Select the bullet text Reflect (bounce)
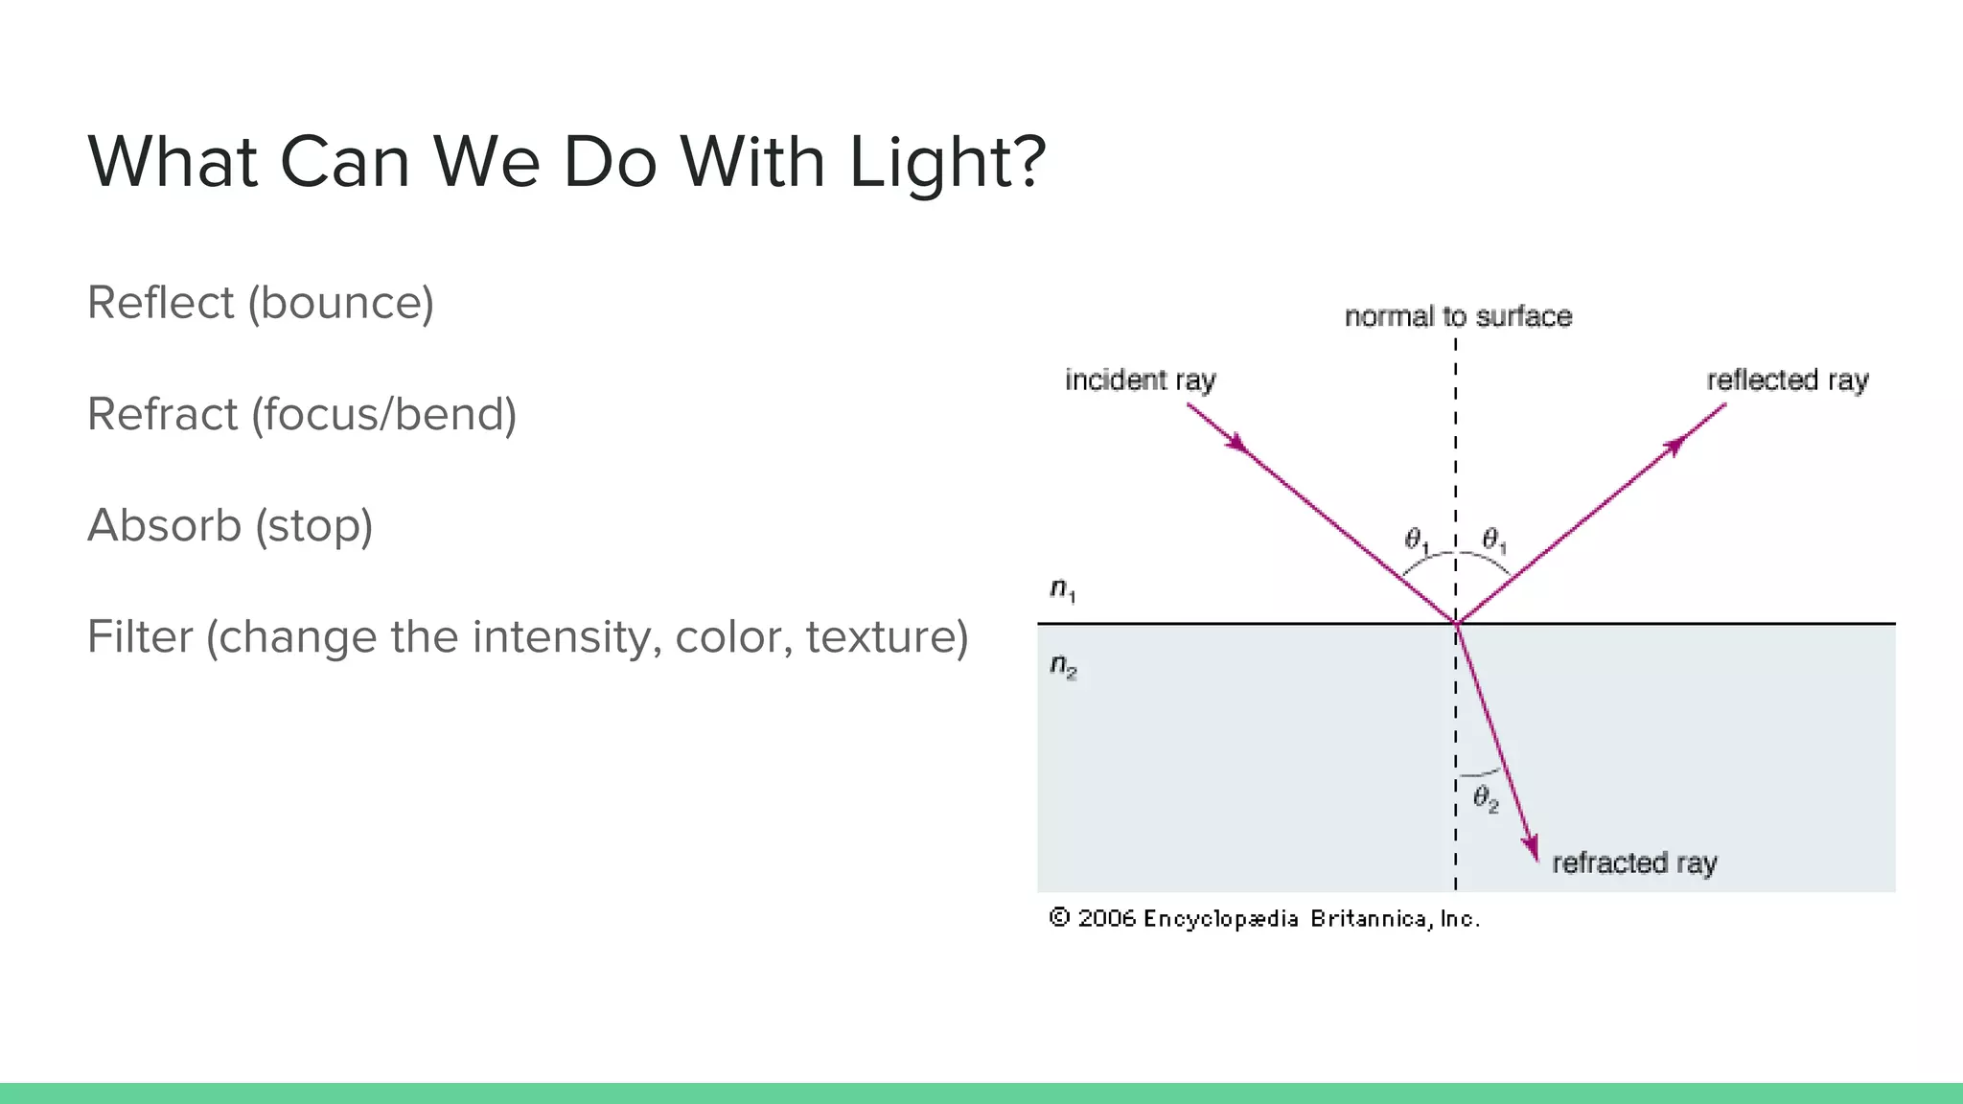(x=261, y=303)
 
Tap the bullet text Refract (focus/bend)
(x=302, y=414)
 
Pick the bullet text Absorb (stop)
(x=230, y=525)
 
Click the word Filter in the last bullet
(x=140, y=636)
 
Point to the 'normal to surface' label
(x=1458, y=316)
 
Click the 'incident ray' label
(x=1140, y=380)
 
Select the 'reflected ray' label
(x=1787, y=380)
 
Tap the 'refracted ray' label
(x=1634, y=863)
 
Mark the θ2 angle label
(x=1485, y=798)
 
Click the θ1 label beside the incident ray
(x=1416, y=541)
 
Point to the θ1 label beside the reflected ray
(x=1493, y=541)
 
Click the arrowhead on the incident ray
(x=1238, y=444)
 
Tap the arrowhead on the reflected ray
(x=1674, y=446)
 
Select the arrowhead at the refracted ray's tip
(x=1531, y=847)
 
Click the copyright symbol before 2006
(x=1058, y=918)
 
